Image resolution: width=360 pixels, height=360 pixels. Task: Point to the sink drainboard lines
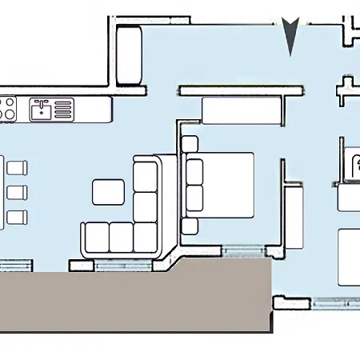click(x=62, y=109)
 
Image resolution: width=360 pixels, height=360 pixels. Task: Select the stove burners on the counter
click(x=7, y=109)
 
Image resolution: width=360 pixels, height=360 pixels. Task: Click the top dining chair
click(x=17, y=167)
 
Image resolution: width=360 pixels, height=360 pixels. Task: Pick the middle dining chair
click(x=17, y=192)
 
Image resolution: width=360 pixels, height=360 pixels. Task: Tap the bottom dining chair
click(x=17, y=217)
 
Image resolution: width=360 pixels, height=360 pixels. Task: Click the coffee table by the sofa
click(x=108, y=192)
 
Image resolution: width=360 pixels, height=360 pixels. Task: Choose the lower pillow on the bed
click(x=194, y=198)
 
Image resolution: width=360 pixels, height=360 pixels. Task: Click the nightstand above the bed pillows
click(x=190, y=145)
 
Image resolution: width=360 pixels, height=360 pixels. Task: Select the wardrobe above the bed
click(x=242, y=110)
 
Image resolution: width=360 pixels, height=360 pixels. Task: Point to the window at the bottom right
click(x=336, y=302)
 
